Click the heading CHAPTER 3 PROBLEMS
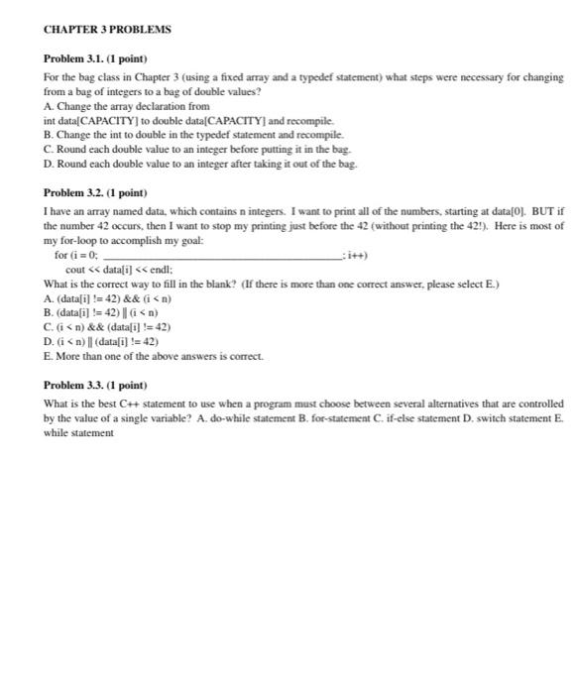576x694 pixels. coord(107,30)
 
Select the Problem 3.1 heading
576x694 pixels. coord(95,59)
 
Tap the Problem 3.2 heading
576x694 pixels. coord(95,192)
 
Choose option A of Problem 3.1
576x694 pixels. coord(127,105)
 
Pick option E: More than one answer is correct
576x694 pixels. coord(143,354)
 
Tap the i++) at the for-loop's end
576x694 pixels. coord(356,255)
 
